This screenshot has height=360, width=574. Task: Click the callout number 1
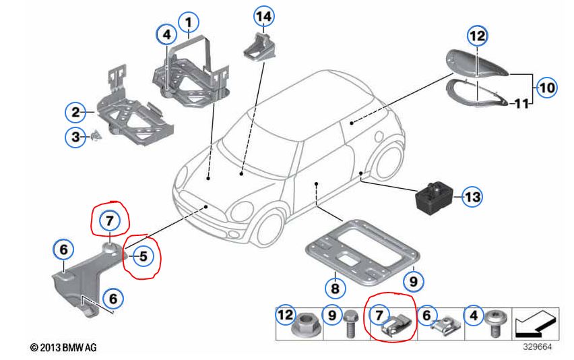[190, 22]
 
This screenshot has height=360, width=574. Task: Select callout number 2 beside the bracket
[75, 111]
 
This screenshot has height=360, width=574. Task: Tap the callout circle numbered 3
[75, 138]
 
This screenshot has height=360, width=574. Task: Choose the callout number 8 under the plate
[335, 287]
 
